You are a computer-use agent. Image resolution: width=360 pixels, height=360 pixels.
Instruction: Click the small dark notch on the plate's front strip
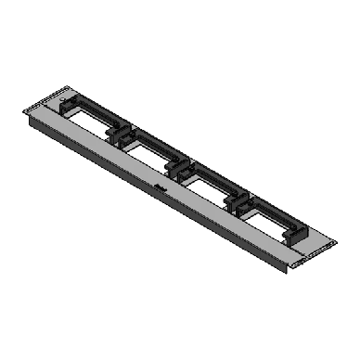point(160,187)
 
